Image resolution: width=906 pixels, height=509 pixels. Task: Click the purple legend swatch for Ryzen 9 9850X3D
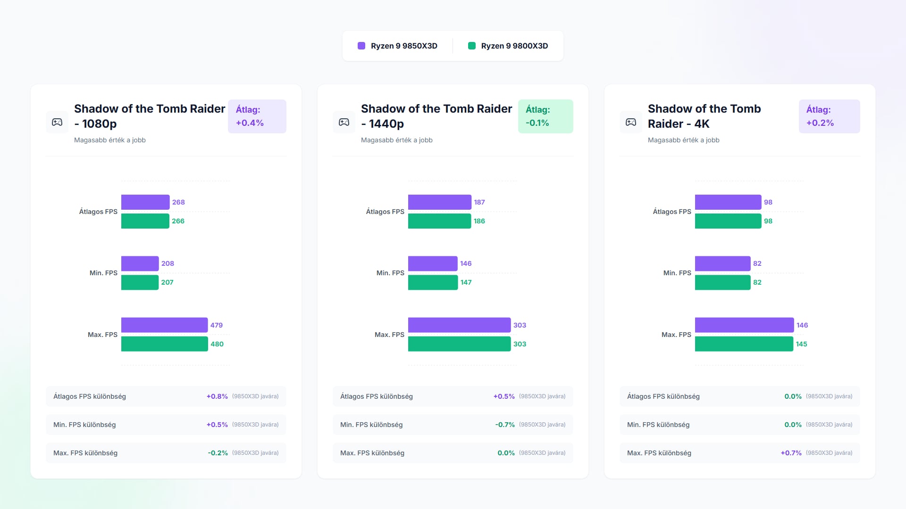point(361,46)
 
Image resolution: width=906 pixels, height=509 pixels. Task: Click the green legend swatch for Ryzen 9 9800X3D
point(471,46)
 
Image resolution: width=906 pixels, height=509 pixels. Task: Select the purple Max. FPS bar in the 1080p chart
point(164,325)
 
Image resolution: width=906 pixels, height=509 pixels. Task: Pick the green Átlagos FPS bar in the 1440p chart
point(439,221)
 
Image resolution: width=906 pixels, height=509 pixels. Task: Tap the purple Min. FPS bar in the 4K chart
point(722,263)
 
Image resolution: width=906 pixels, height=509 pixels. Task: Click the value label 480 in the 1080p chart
point(217,344)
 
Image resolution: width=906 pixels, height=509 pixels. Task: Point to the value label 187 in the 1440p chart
point(479,202)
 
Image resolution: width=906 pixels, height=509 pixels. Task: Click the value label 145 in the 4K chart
point(801,344)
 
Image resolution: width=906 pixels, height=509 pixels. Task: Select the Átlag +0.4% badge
point(257,116)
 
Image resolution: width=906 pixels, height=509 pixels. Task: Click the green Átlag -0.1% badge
point(545,116)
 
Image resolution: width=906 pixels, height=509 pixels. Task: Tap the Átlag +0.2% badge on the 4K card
point(829,116)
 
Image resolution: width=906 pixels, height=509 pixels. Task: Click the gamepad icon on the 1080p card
point(57,122)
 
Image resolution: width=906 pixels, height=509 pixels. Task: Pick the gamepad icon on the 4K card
point(631,122)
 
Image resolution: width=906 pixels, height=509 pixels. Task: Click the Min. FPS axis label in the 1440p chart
point(390,273)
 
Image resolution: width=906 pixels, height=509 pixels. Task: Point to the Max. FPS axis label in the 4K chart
point(676,335)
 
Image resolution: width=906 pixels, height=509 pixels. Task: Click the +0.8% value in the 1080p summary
point(217,396)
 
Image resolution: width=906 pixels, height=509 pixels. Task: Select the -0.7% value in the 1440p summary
point(505,425)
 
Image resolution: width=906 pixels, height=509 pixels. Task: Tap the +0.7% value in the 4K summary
point(791,453)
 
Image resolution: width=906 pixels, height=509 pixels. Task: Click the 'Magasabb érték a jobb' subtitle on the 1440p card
point(396,140)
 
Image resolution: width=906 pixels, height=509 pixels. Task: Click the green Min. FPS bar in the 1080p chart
point(140,282)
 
